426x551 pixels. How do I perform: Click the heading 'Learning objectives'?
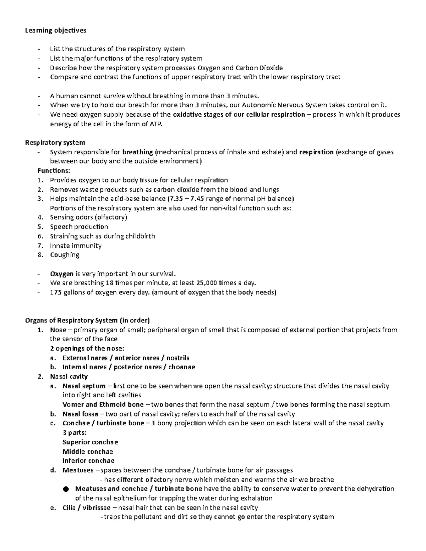coord(55,31)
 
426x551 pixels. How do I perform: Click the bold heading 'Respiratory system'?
coord(55,143)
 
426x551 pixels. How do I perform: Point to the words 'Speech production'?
coord(79,227)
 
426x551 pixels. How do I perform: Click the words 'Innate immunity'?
coord(76,246)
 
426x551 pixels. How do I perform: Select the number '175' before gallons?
coord(56,292)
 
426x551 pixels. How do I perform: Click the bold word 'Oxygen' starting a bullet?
coord(62,274)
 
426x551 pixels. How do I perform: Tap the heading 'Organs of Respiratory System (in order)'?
coord(87,320)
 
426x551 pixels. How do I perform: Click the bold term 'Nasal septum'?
coord(84,386)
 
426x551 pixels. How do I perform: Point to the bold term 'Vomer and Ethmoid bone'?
coord(103,404)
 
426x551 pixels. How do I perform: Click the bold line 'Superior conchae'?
coord(90,442)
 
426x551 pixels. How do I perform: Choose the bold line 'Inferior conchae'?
coord(88,461)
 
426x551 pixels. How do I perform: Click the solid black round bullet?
coord(65,489)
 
